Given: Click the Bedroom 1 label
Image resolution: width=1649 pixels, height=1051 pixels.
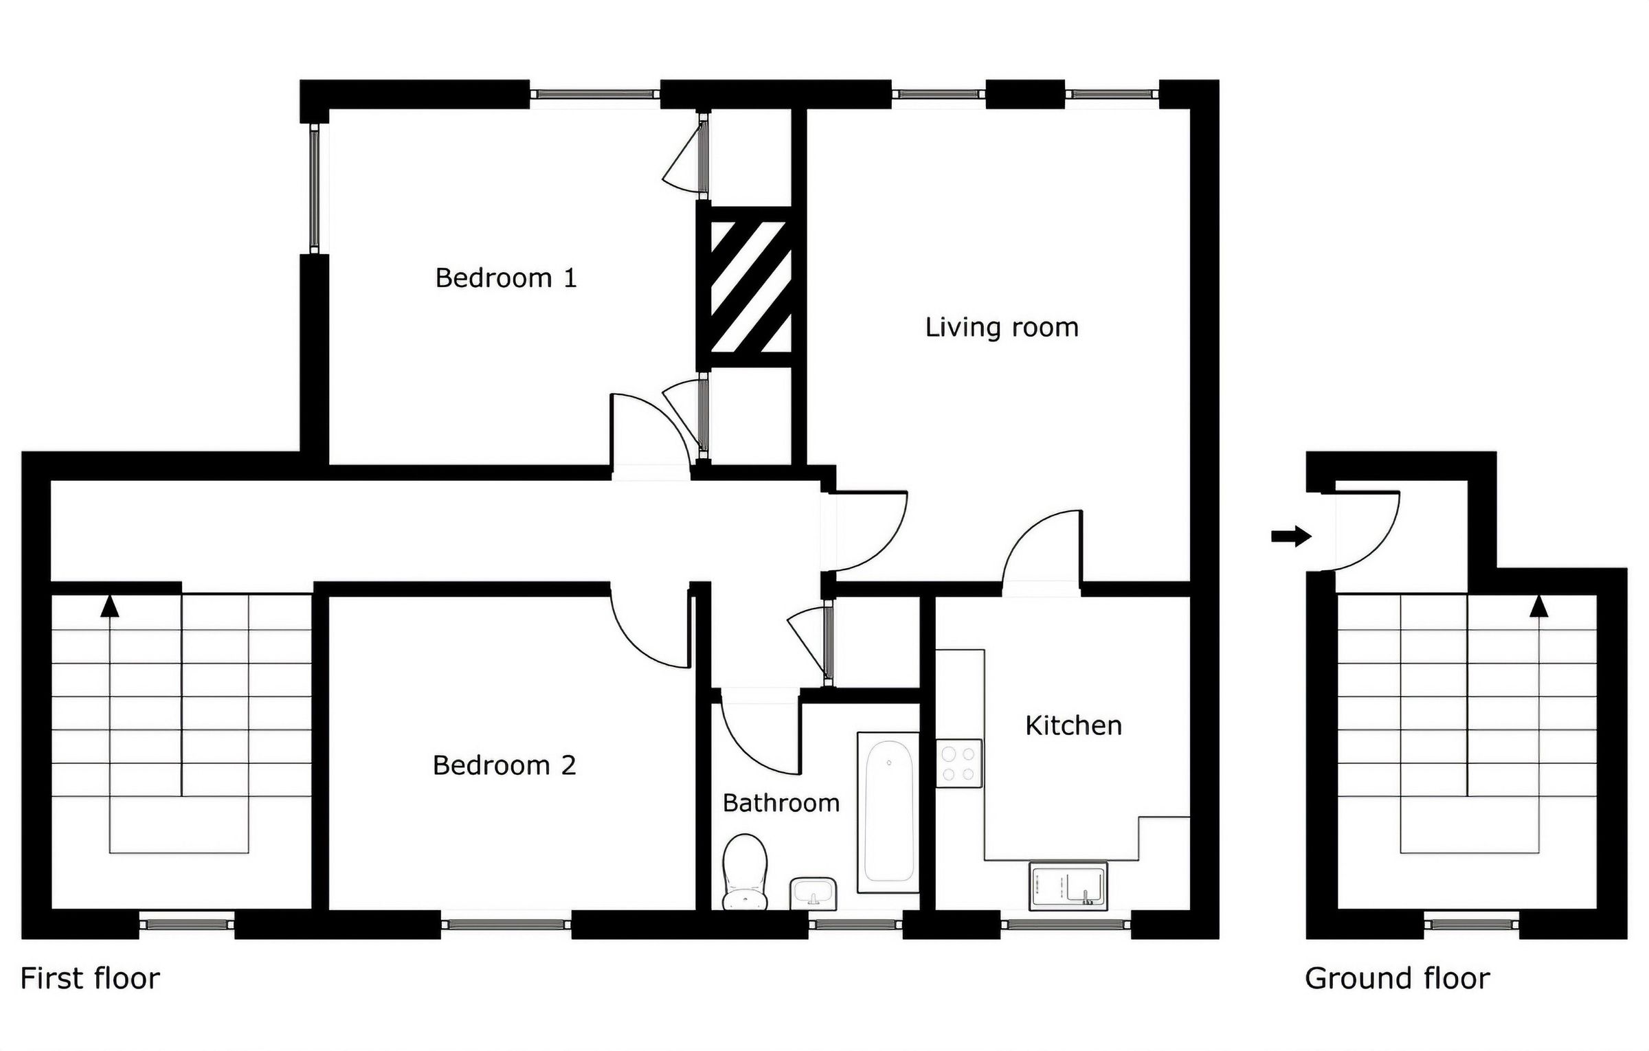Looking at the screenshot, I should [506, 278].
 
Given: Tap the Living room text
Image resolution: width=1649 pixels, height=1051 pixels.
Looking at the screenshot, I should [1001, 328].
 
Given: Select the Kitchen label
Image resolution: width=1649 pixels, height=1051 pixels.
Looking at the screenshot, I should [1073, 726].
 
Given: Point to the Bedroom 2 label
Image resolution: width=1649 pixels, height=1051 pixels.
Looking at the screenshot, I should [504, 765].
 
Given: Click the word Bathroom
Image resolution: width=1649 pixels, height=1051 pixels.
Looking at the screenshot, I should [781, 803].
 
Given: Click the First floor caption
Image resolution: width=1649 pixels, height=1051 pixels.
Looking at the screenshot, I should [90, 979].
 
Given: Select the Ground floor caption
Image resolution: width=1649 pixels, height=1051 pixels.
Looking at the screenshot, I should [1397, 979].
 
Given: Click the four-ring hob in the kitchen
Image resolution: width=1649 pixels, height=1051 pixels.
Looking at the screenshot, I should [959, 763].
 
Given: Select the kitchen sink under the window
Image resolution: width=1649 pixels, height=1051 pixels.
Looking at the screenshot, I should [1067, 887].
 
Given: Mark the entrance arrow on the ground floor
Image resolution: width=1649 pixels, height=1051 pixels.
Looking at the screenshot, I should [1291, 536].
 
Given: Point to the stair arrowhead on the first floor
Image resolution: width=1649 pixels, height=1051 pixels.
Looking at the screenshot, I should [110, 606].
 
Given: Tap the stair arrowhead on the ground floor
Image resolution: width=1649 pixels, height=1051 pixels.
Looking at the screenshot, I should [1539, 606].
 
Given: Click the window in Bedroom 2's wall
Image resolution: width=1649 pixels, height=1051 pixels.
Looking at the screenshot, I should [506, 924].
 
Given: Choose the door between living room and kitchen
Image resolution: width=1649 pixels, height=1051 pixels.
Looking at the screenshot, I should [1042, 550].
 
